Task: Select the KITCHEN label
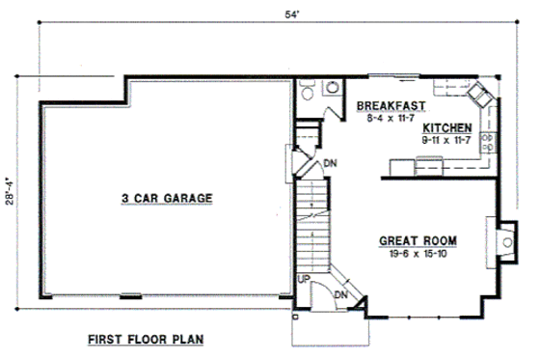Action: (x=446, y=127)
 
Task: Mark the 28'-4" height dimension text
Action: (x=11, y=194)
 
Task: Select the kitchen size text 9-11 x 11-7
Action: (x=446, y=140)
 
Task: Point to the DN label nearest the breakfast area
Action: (x=330, y=162)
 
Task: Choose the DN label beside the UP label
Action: (x=339, y=293)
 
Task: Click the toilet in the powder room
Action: (x=307, y=92)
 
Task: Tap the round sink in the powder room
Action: (x=332, y=88)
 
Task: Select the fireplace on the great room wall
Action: (x=502, y=242)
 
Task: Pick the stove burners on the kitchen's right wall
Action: (x=487, y=143)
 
